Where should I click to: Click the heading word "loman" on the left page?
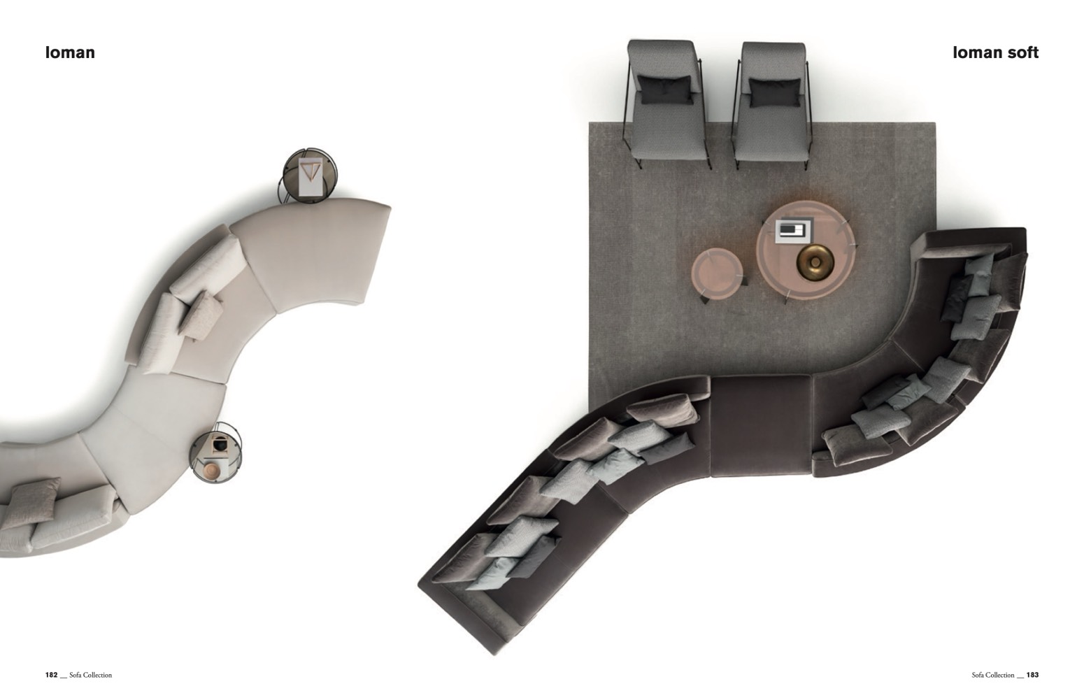click(70, 52)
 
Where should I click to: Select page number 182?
click(51, 675)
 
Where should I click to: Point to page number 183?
click(1032, 675)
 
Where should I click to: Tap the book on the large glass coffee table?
click(794, 230)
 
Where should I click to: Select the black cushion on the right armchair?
click(775, 92)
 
